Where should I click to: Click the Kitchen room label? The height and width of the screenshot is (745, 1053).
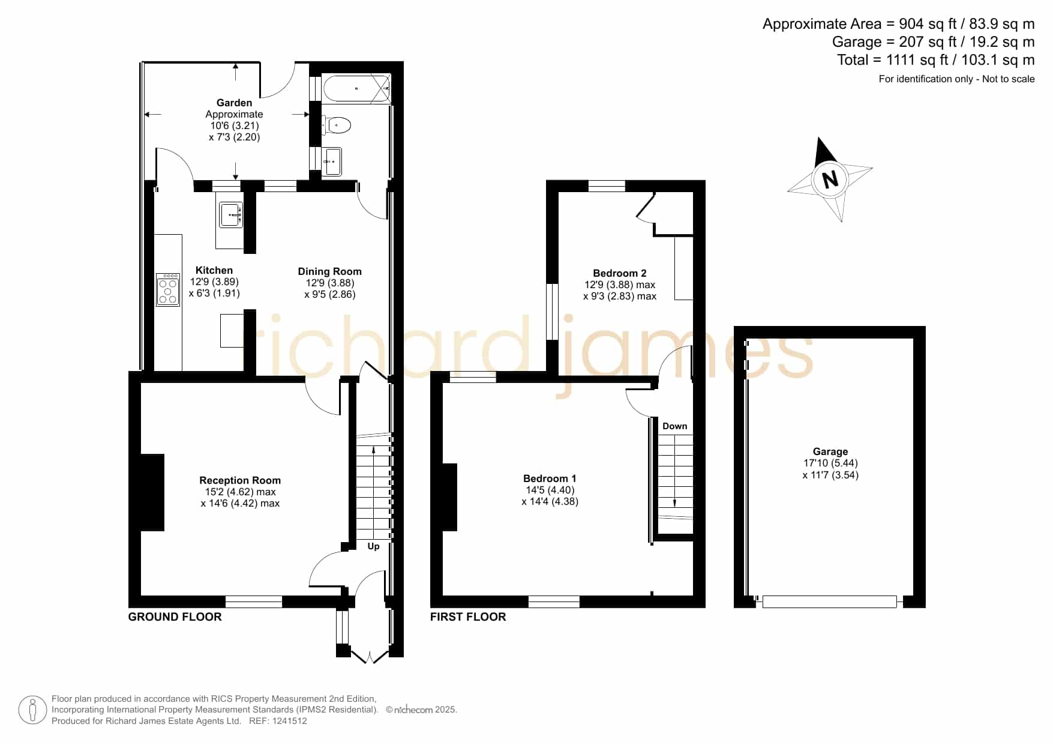(214, 271)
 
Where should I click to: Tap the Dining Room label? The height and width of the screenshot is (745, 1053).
(329, 272)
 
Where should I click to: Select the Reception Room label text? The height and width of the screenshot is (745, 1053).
(240, 480)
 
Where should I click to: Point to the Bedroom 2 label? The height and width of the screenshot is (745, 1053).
(620, 273)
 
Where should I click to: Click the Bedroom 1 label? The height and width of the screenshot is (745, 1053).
(550, 478)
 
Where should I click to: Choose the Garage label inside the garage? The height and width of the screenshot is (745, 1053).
(830, 451)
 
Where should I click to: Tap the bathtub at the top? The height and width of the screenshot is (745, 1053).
(357, 88)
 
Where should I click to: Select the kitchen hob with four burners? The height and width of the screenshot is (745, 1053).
(168, 290)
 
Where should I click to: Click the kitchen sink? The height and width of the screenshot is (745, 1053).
(231, 215)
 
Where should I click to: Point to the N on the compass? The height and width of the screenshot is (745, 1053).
(830, 179)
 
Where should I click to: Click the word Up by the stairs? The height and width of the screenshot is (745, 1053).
(373, 547)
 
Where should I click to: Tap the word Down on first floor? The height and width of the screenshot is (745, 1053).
(675, 426)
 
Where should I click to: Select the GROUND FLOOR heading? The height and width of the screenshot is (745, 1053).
(175, 617)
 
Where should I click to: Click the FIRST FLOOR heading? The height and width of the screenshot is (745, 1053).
(468, 617)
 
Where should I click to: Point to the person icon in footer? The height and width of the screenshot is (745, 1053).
(32, 710)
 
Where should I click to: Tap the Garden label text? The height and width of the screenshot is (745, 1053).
(234, 103)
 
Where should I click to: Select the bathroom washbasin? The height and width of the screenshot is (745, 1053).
(331, 161)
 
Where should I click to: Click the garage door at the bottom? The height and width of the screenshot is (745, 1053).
(830, 602)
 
